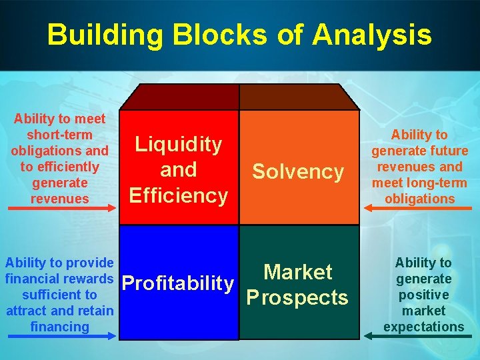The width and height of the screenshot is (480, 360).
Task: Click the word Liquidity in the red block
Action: click(x=179, y=144)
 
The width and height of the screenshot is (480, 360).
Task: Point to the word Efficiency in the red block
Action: click(x=179, y=195)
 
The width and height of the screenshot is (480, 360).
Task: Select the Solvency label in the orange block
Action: click(x=298, y=172)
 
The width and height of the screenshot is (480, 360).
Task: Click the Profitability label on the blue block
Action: click(x=179, y=283)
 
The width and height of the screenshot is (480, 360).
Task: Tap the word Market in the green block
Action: click(x=298, y=272)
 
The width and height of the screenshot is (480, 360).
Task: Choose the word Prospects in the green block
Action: click(x=298, y=297)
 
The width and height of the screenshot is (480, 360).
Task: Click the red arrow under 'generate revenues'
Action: click(x=59, y=211)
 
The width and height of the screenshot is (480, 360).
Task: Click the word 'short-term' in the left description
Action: click(x=59, y=135)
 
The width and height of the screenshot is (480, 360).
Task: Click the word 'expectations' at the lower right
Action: click(x=423, y=327)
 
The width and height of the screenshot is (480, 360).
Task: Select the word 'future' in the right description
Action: click(x=447, y=151)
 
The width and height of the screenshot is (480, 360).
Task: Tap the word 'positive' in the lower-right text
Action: click(x=423, y=295)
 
